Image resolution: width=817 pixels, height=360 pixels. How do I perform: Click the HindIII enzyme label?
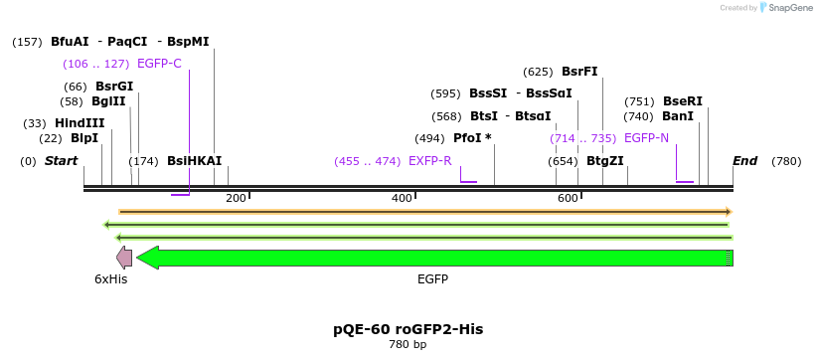tap(80, 123)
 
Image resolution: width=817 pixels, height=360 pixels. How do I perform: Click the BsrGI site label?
tap(114, 87)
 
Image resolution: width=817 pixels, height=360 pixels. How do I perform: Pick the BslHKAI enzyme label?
tap(194, 161)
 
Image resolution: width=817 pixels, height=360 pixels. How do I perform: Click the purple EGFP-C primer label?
tap(159, 64)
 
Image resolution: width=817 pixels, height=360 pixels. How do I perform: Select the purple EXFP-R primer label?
tap(429, 161)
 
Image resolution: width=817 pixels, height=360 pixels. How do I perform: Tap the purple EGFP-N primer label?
tap(646, 138)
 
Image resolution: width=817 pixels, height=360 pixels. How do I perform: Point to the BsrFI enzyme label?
tap(579, 72)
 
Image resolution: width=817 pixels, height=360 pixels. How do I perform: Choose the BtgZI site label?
tap(604, 161)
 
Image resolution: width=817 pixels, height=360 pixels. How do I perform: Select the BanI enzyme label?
tap(678, 116)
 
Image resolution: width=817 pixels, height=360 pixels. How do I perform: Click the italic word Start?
tap(61, 161)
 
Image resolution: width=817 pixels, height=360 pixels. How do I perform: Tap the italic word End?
tap(744, 161)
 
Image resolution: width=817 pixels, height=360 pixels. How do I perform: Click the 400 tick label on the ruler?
tap(402, 199)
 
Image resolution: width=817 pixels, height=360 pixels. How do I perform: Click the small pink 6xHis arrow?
tap(124, 258)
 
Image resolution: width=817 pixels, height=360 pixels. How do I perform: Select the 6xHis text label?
tap(111, 279)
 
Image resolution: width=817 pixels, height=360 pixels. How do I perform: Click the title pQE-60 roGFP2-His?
tap(408, 328)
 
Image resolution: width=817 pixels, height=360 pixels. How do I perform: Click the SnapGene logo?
tap(789, 8)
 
